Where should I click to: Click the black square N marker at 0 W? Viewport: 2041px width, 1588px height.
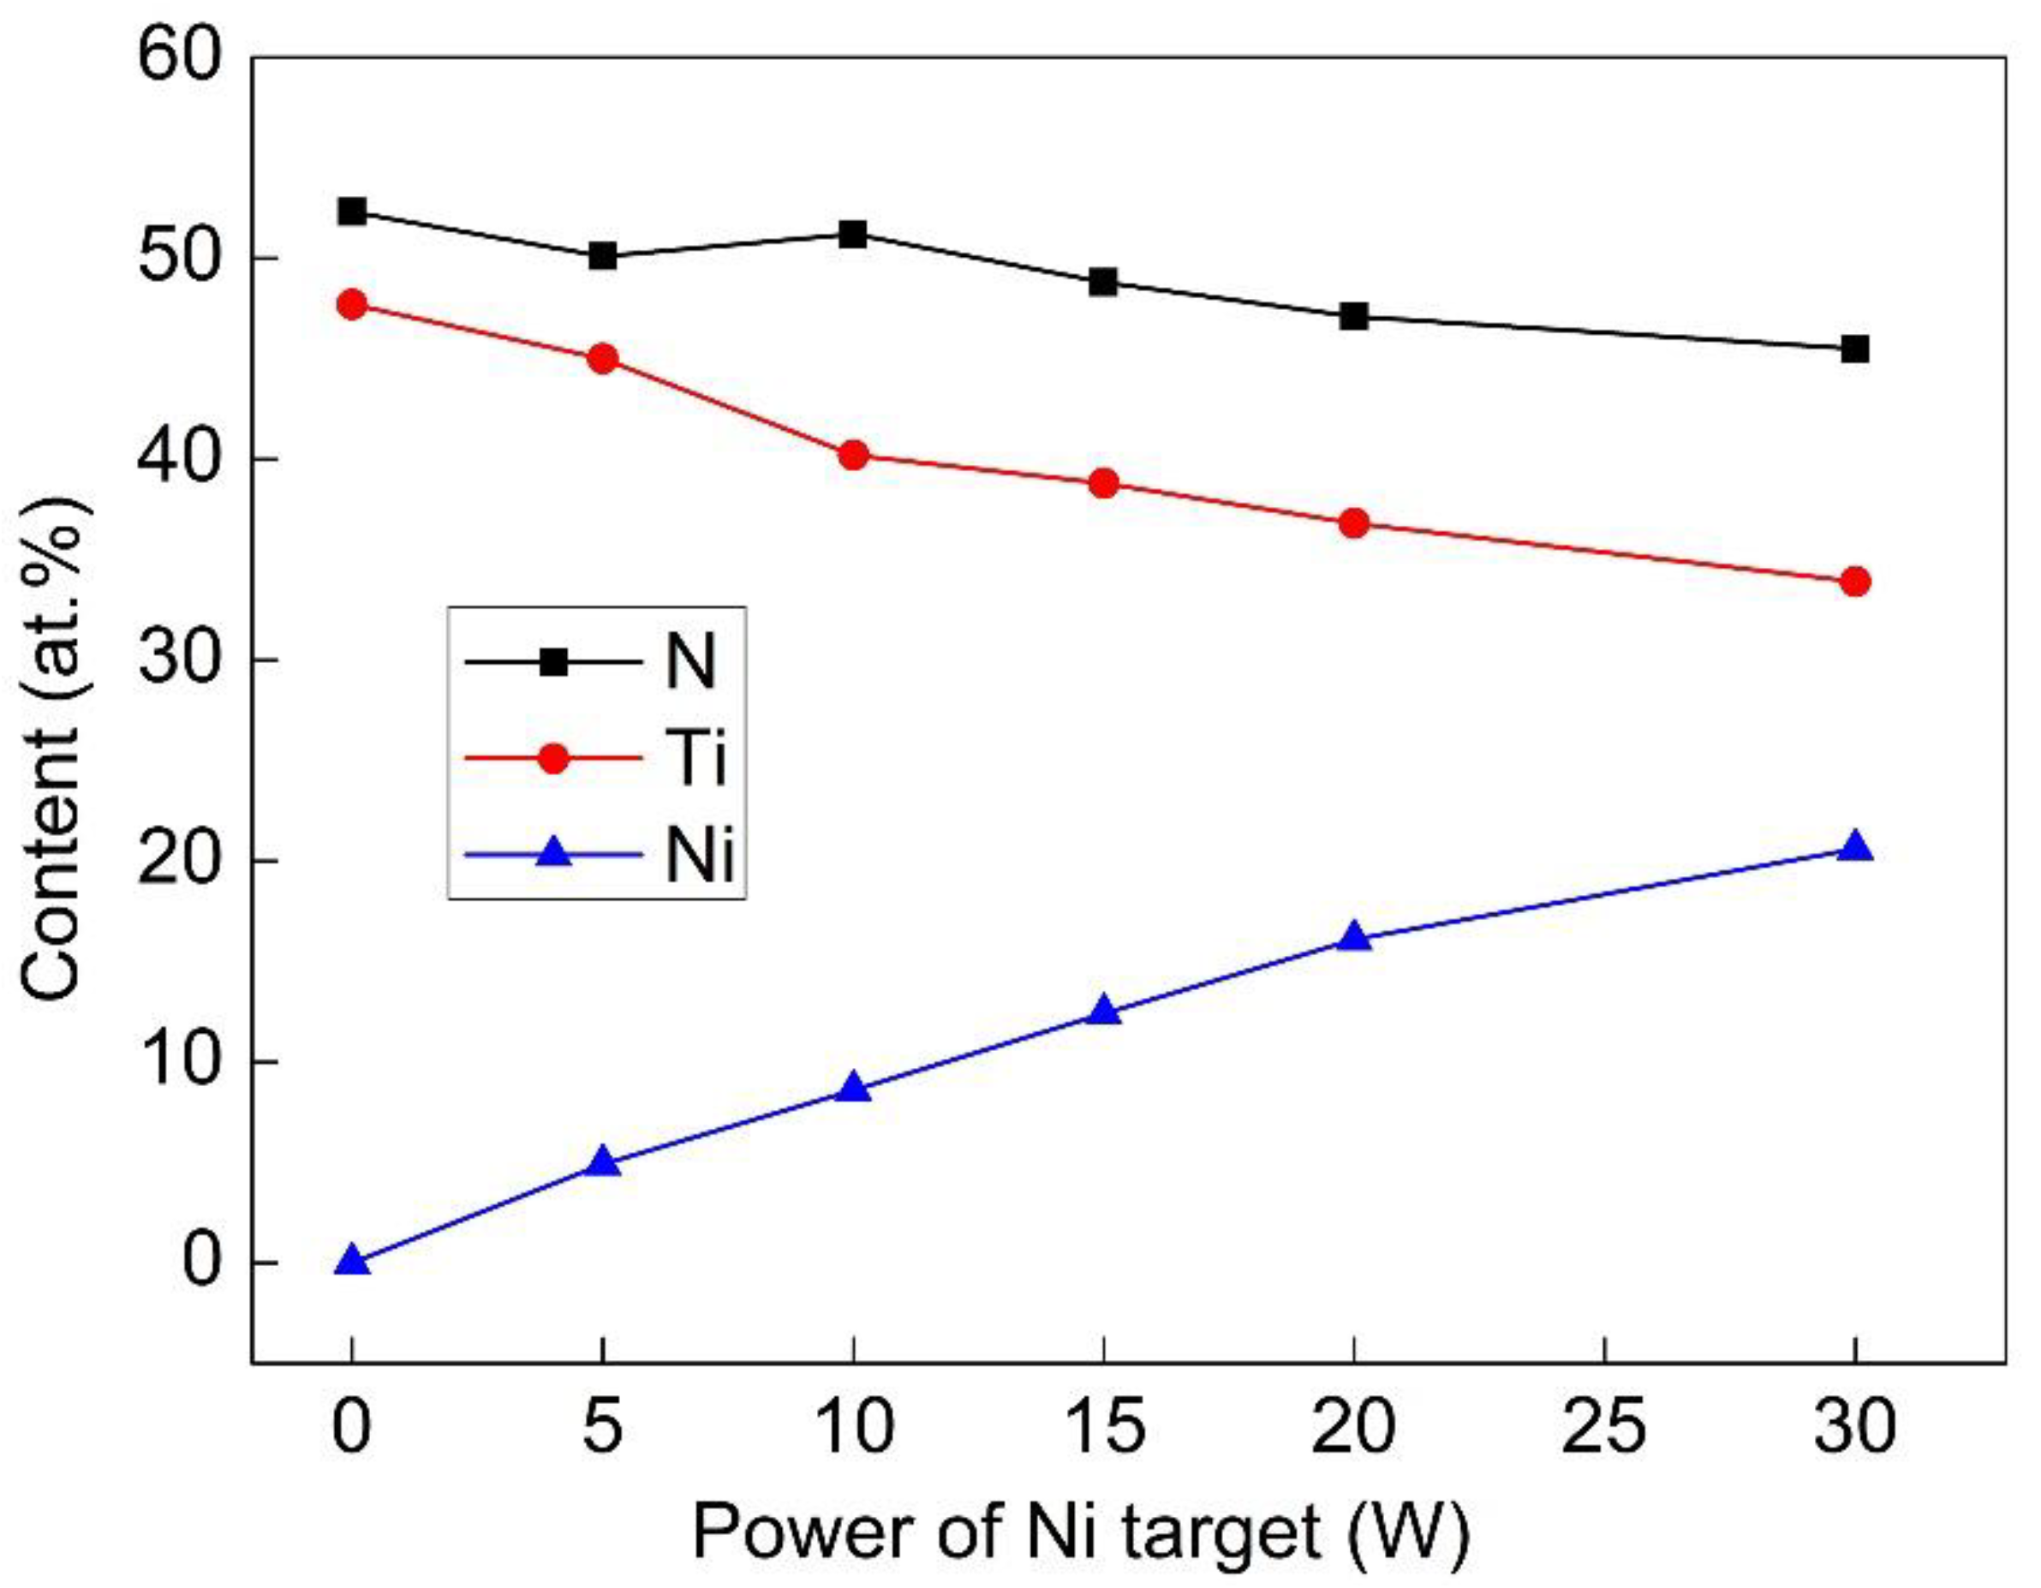[352, 212]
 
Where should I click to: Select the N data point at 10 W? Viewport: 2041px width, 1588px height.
[853, 234]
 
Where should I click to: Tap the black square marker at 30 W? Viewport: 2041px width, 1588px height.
[1855, 349]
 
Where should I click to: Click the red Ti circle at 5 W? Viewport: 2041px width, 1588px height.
[603, 359]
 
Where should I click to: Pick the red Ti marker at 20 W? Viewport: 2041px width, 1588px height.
[1354, 523]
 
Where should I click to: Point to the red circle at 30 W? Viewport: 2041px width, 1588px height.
[1855, 582]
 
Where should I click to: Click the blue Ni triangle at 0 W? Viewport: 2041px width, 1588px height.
[352, 1261]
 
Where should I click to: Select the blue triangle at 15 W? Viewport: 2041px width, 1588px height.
[1104, 1011]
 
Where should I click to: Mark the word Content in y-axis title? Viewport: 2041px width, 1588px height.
[53, 879]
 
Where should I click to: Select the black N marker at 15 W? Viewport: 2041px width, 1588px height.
[1104, 281]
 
